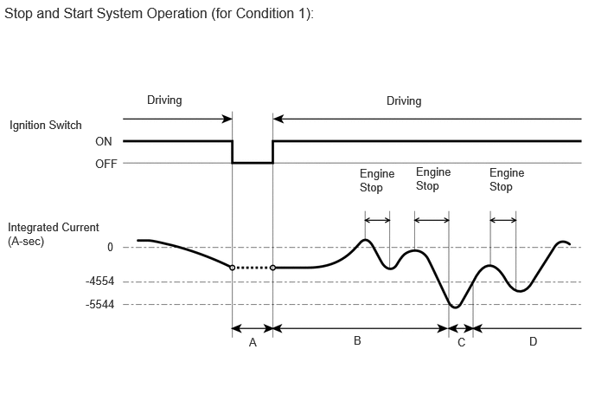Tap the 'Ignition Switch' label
[x=46, y=126]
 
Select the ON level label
[x=104, y=141]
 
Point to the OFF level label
[x=106, y=164]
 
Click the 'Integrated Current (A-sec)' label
[x=53, y=234]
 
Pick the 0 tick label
[x=110, y=248]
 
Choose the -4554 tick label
[x=99, y=281]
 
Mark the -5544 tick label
[x=99, y=305]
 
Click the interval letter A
[x=253, y=343]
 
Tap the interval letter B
[x=357, y=340]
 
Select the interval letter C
[x=462, y=343]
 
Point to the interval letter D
[x=533, y=342]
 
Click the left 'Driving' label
[x=164, y=100]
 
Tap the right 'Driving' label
[x=404, y=101]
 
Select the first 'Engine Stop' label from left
[x=377, y=180]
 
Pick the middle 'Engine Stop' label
[x=433, y=179]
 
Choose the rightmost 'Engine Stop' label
[x=507, y=180]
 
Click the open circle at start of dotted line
[x=233, y=268]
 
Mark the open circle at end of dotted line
[x=272, y=268]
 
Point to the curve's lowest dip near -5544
[x=456, y=307]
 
